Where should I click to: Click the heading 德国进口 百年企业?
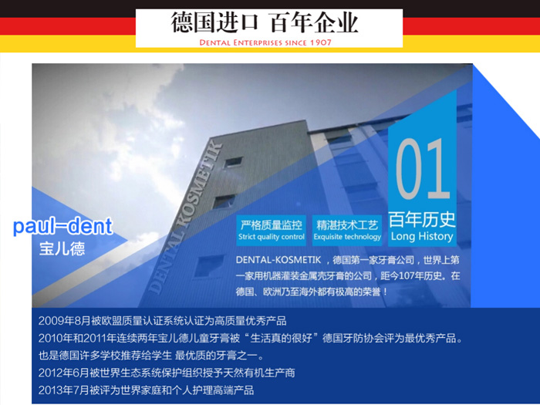265,22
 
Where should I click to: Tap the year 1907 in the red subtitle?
320,42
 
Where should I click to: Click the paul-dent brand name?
62,226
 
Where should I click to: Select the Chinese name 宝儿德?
62,248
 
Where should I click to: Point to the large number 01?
424,169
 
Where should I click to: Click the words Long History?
422,237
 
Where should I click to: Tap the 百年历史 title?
422,219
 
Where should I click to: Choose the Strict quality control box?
272,231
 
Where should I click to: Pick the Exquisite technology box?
347,231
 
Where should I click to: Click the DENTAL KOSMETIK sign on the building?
185,218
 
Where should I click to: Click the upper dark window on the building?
233,162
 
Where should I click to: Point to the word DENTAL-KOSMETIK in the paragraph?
278,260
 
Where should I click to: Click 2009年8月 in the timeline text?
64,321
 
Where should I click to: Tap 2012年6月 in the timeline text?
64,373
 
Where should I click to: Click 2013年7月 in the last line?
64,390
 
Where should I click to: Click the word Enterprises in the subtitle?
258,42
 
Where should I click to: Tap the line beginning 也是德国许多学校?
151,356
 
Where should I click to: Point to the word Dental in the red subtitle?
214,42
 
